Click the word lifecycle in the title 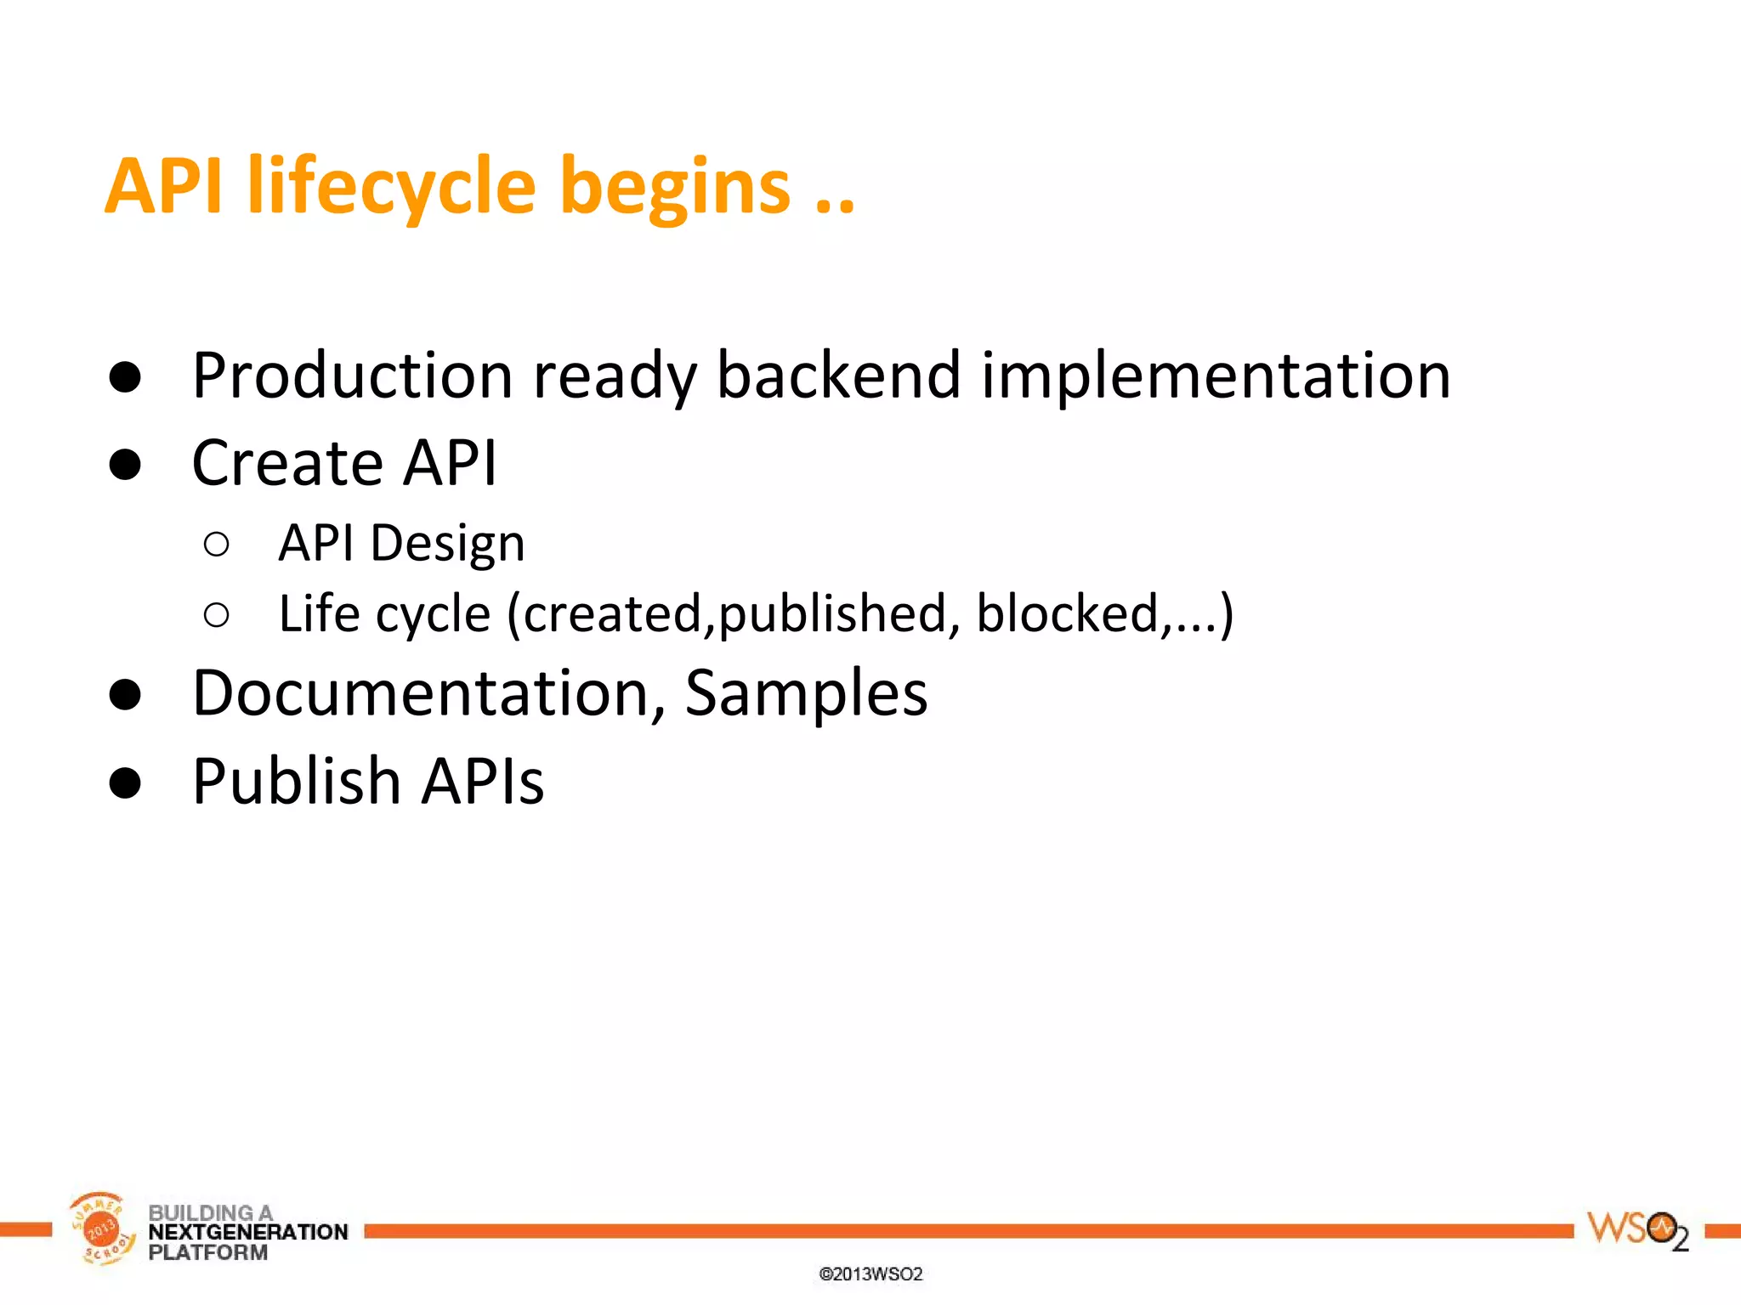pos(391,187)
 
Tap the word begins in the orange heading pos(675,189)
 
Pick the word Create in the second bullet pos(287,463)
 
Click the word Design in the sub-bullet pos(447,544)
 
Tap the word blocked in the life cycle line pos(1068,613)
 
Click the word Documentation pos(420,692)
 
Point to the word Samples pos(806,694)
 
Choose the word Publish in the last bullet pos(296,781)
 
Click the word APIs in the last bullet pos(483,781)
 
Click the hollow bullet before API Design pos(217,545)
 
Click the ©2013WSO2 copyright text pos(870,1274)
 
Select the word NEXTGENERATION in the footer pos(247,1232)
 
